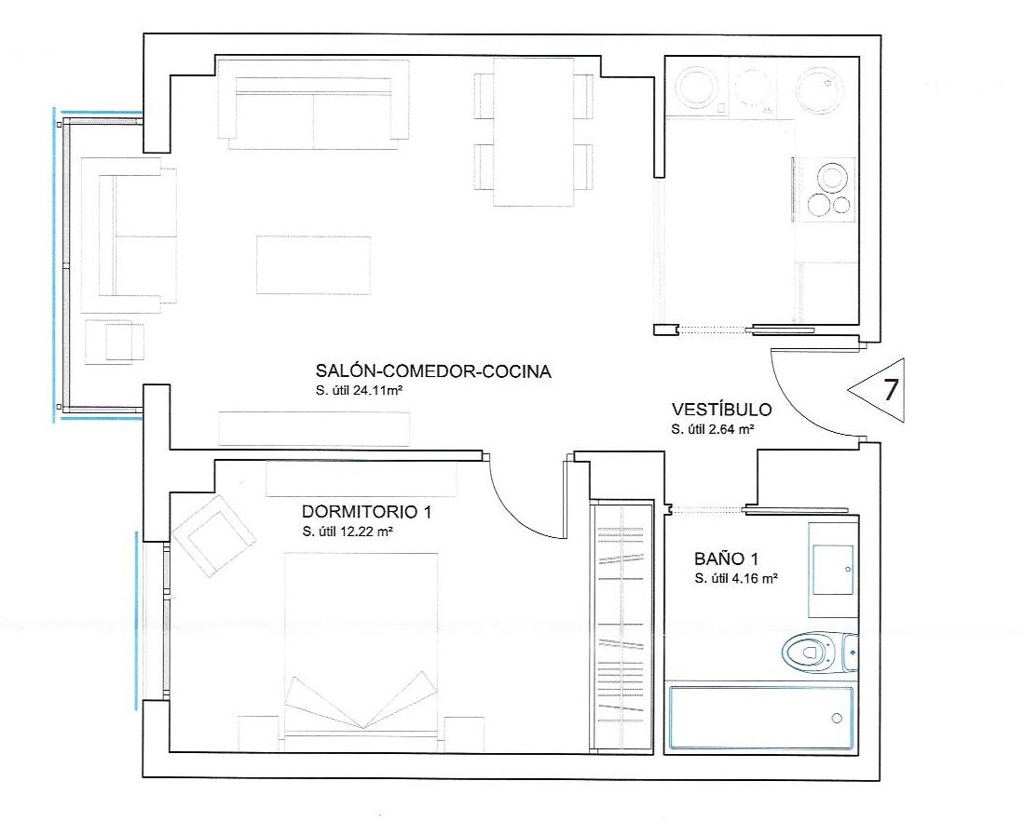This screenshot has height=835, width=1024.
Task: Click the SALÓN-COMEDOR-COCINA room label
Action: [x=433, y=371]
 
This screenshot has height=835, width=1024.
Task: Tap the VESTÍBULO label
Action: [x=721, y=410]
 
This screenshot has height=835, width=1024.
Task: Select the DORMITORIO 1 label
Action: [x=366, y=511]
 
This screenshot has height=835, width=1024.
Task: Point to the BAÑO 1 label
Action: [x=726, y=559]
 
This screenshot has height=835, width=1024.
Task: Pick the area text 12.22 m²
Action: [x=366, y=531]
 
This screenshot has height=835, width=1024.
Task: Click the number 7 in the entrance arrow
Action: [x=890, y=389]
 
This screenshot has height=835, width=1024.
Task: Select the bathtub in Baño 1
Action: [x=761, y=717]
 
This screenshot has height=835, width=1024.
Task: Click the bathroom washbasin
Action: [x=832, y=570]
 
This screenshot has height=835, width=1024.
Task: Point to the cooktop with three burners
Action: [x=827, y=190]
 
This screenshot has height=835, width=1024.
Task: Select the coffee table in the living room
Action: [x=313, y=265]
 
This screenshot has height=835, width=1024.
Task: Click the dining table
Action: [x=534, y=132]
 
